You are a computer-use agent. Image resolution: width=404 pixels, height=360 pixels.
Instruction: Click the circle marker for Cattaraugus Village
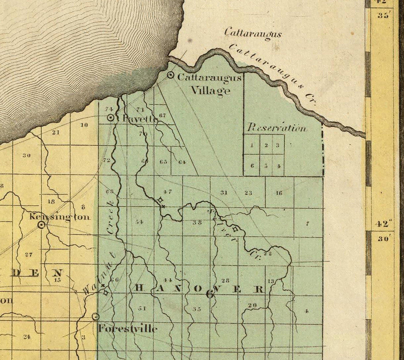(170, 75)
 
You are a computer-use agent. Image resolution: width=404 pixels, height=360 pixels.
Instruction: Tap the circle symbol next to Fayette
(111, 118)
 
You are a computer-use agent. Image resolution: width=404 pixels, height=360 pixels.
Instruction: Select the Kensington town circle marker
(42, 225)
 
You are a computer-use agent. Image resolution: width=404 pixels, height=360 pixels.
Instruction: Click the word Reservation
(276, 128)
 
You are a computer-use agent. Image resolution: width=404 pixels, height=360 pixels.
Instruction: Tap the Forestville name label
(127, 329)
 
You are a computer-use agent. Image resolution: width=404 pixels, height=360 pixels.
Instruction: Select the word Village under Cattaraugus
(210, 90)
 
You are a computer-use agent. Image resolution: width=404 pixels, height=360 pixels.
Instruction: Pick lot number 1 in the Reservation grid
(252, 145)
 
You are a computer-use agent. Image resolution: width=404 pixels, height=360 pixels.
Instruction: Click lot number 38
(197, 223)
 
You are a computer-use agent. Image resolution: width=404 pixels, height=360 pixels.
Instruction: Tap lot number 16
(279, 193)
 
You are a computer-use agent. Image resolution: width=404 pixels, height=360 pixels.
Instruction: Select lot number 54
(139, 222)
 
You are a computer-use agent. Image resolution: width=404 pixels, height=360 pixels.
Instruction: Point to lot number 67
(162, 115)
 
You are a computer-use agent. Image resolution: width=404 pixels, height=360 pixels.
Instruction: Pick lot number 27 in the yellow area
(29, 255)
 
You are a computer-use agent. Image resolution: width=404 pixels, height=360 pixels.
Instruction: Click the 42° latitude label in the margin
(382, 224)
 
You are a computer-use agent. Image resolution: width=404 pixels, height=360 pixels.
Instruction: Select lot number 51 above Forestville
(142, 308)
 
